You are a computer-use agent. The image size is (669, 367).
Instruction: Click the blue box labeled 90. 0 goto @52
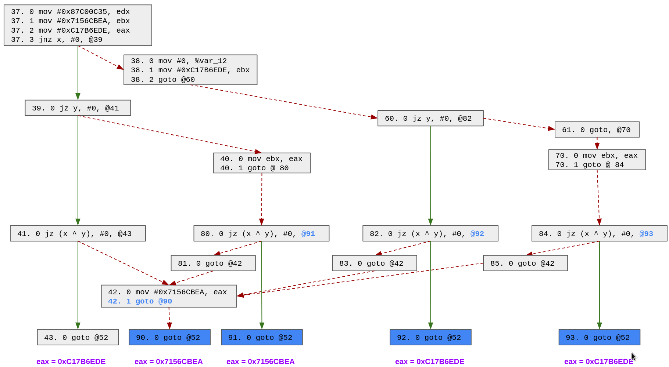coord(169,337)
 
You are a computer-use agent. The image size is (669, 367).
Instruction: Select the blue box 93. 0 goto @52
coord(599,337)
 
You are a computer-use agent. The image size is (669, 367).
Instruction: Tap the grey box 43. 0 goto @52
coord(78,337)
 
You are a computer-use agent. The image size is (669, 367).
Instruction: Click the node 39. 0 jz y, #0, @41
coord(78,108)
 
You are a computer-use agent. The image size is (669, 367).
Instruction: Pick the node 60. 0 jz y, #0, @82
coord(430,118)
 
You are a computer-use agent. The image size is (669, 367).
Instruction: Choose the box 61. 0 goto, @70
coord(597,130)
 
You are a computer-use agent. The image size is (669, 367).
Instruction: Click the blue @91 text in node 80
coord(308,234)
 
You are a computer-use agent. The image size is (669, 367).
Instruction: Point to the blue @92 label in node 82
coord(477,234)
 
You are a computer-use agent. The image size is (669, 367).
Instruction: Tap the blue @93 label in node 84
coord(646,234)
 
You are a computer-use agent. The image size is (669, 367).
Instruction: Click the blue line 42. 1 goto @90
coord(140,301)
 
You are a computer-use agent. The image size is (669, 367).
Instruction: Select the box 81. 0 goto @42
coord(213,263)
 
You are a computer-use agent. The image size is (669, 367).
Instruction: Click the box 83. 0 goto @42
coord(374,263)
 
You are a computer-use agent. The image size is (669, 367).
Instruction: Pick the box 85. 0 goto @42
coord(525,263)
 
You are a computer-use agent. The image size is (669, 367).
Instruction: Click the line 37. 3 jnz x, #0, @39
coord(57,40)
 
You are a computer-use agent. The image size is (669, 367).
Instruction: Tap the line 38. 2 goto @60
coord(163,80)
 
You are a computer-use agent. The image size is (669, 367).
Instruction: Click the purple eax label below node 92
coord(429,361)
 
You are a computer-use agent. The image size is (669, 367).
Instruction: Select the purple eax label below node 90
coord(168,361)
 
